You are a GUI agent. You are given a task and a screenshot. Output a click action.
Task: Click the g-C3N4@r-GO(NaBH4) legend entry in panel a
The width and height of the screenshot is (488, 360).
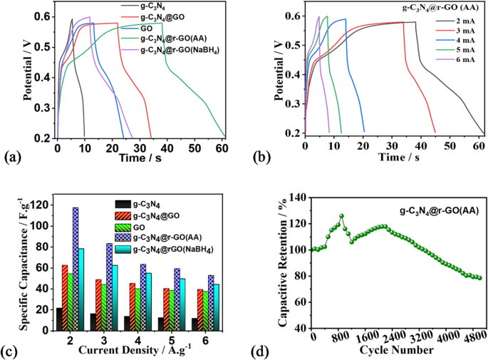click(174, 50)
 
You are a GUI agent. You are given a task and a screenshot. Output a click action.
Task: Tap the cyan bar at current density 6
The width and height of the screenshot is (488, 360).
click(214, 307)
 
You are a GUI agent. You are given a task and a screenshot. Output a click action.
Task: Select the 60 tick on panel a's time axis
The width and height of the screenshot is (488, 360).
click(222, 148)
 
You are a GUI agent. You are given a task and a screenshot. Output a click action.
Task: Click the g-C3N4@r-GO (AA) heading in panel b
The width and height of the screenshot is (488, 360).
click(433, 10)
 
